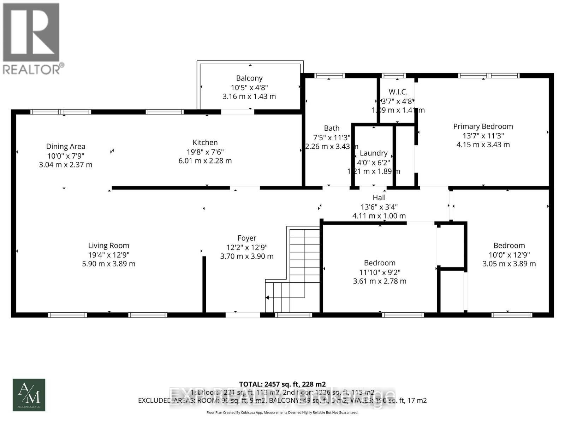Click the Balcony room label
(x=249, y=78)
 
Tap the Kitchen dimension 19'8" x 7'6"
(x=205, y=152)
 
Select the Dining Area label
(x=66, y=146)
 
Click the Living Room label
(x=108, y=246)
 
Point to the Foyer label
(x=247, y=238)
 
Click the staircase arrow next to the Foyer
(x=268, y=298)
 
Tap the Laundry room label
(x=374, y=153)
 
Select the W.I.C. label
(x=398, y=92)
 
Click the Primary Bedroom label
(x=483, y=126)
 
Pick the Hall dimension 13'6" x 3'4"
(x=379, y=207)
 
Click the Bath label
(x=332, y=128)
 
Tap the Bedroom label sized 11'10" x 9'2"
(x=380, y=263)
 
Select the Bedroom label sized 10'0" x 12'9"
(x=509, y=246)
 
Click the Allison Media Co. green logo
(x=29, y=395)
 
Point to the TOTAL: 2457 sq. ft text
(x=282, y=384)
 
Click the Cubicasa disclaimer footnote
(x=282, y=412)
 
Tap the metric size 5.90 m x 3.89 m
(x=108, y=264)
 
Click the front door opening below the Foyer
(x=243, y=314)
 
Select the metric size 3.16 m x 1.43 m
(x=249, y=96)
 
